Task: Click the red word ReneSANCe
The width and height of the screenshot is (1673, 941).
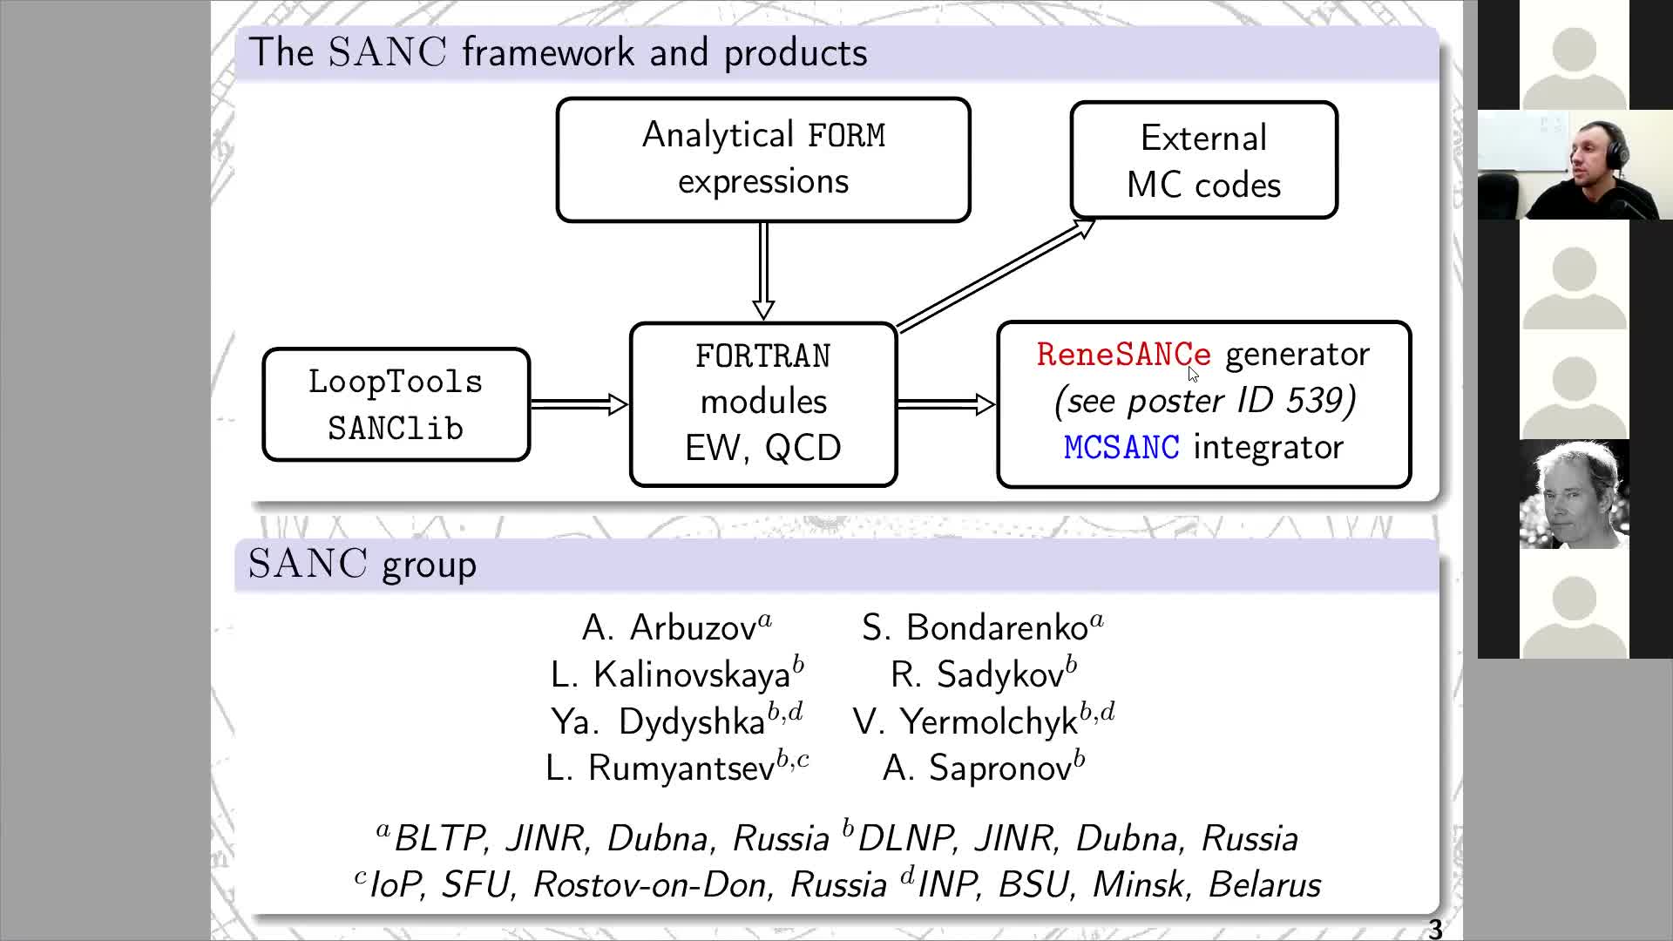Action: click(1123, 355)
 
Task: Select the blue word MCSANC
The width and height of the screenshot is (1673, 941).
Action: click(1121, 448)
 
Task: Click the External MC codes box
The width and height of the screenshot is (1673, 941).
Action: click(1203, 160)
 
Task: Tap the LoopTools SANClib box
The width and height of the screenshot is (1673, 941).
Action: click(396, 404)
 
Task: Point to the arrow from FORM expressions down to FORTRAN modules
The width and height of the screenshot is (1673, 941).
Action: click(763, 271)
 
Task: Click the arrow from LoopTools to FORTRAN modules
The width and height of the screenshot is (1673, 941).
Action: click(579, 403)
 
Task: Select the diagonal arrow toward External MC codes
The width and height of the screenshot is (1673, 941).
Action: click(996, 274)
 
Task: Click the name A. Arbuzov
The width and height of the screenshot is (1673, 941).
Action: click(676, 627)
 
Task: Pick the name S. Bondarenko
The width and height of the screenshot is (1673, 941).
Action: click(982, 627)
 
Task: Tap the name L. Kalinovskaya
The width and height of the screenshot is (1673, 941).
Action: click(676, 674)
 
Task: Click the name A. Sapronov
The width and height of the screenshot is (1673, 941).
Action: click(983, 768)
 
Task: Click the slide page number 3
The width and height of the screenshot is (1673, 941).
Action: click(1435, 929)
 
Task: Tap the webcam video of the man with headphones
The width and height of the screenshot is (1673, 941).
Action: click(1575, 165)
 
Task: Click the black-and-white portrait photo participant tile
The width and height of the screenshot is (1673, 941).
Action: click(1575, 495)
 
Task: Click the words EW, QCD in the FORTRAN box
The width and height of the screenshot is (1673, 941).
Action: click(763, 448)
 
